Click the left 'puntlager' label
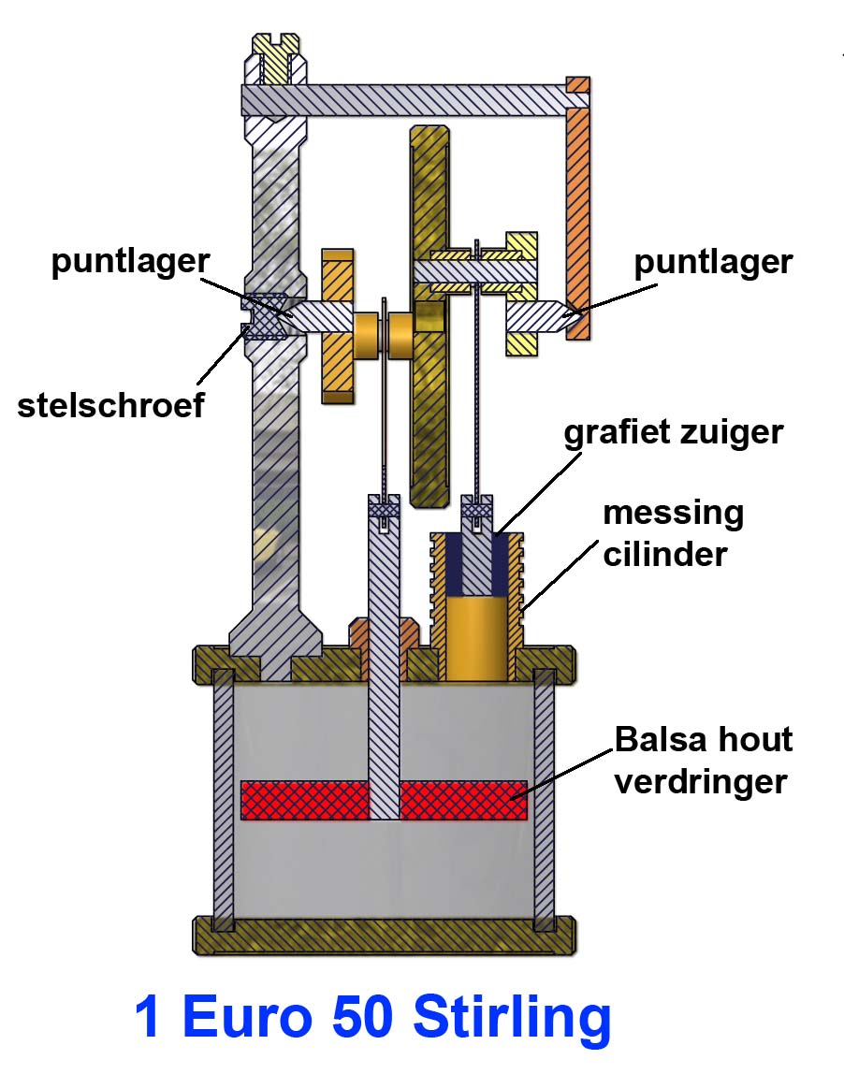click(130, 262)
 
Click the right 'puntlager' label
click(713, 262)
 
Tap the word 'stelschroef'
click(110, 406)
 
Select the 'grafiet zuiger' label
click(675, 432)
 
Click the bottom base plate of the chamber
click(384, 935)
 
